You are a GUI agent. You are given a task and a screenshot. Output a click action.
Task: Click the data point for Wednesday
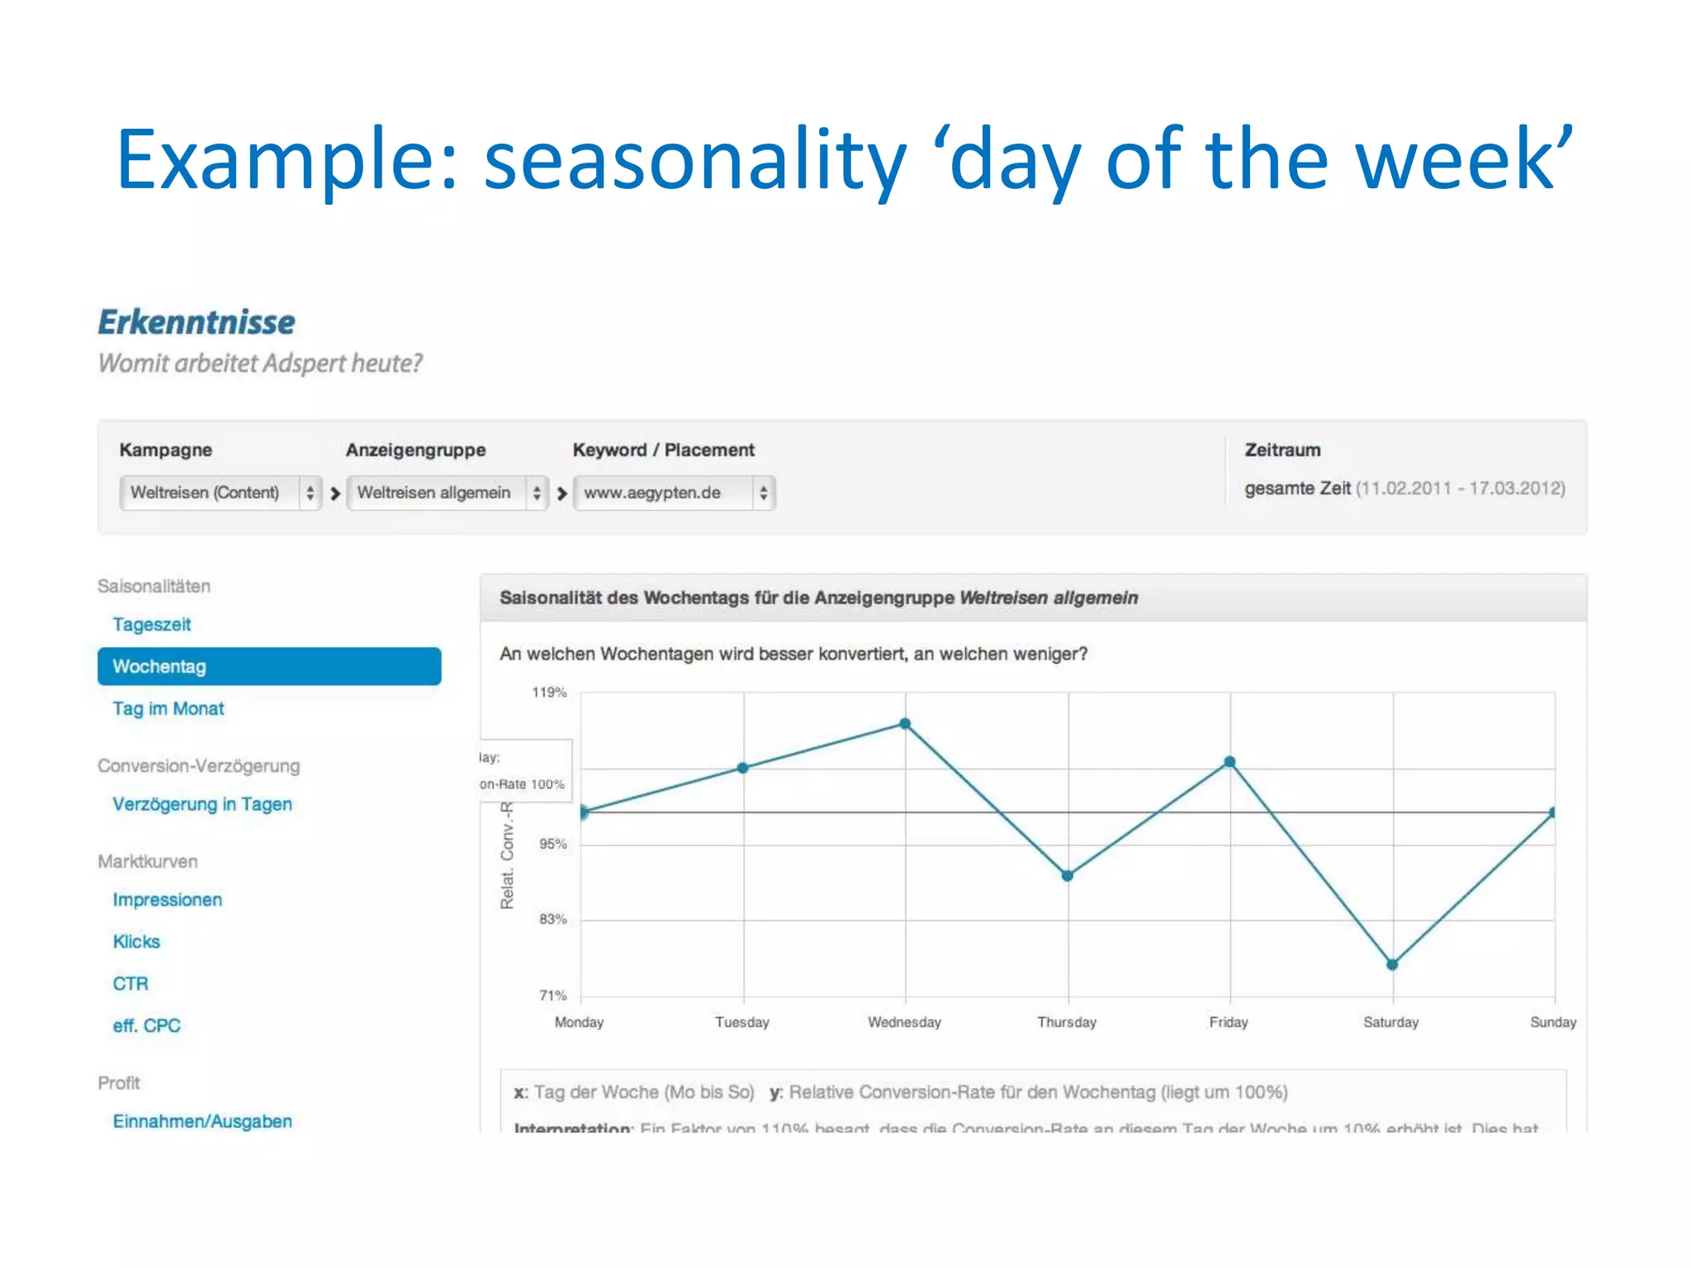pyautogui.click(x=905, y=724)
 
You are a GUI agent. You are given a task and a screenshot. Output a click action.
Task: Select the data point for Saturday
pyautogui.click(x=1392, y=964)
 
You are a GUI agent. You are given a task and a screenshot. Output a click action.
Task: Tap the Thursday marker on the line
pyautogui.click(x=1068, y=876)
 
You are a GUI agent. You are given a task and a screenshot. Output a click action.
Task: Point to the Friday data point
pyautogui.click(x=1229, y=762)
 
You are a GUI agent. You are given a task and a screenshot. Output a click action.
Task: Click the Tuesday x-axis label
pyautogui.click(x=741, y=1022)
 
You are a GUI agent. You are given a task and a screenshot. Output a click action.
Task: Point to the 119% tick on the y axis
pyautogui.click(x=549, y=693)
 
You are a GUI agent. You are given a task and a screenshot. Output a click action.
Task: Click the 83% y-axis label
pyautogui.click(x=552, y=920)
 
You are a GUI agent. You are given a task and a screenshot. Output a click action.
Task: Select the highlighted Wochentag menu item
pyautogui.click(x=269, y=666)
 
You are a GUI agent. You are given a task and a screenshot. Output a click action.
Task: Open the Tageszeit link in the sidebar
pyautogui.click(x=152, y=624)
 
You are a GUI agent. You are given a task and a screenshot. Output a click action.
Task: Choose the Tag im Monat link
pyautogui.click(x=168, y=708)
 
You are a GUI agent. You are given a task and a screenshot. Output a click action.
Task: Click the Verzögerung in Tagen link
pyautogui.click(x=202, y=804)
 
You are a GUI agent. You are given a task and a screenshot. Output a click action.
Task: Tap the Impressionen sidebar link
pyautogui.click(x=168, y=900)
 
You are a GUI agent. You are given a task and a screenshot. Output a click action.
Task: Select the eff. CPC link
pyautogui.click(x=146, y=1025)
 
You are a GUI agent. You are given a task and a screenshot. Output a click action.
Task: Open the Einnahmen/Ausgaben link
pyautogui.click(x=202, y=1121)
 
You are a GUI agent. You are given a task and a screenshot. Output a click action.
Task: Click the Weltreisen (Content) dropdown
pyautogui.click(x=220, y=493)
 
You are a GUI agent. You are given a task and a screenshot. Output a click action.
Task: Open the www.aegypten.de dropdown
pyautogui.click(x=674, y=493)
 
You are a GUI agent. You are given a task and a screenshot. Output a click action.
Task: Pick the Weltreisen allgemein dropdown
pyautogui.click(x=447, y=493)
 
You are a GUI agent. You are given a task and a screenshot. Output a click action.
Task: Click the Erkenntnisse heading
pyautogui.click(x=197, y=322)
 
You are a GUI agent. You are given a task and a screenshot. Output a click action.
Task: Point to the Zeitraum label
pyautogui.click(x=1282, y=450)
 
